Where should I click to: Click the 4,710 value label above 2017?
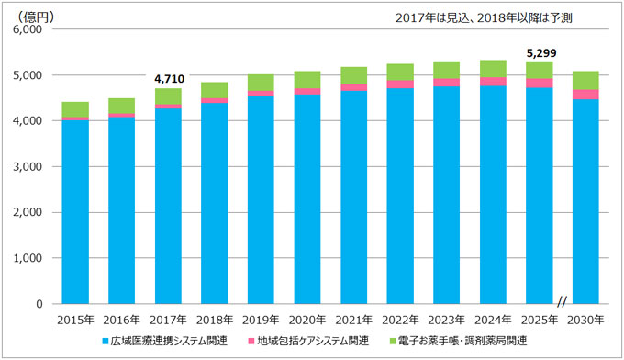point(169,79)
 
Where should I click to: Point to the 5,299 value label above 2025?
point(541,53)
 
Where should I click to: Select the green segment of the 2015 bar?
point(75,109)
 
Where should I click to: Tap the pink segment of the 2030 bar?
point(585,95)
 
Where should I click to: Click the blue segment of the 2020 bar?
point(307,199)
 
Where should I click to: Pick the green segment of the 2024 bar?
point(493,69)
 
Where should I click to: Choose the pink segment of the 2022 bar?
point(400,84)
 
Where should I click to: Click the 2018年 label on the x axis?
point(215,320)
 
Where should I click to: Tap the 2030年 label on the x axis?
point(585,320)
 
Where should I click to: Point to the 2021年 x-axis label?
point(354,320)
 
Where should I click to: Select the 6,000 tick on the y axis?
point(28,29)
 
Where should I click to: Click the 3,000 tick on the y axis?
point(28,167)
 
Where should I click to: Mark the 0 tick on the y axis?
point(39,304)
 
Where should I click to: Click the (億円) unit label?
point(36,17)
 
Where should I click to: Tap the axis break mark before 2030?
point(562,302)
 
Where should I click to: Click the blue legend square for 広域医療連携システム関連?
point(105,342)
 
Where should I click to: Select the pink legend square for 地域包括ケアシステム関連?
point(251,342)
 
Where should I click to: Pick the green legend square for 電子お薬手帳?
point(393,342)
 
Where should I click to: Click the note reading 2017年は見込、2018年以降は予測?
point(484,18)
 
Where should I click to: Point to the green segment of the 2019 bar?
point(261,83)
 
